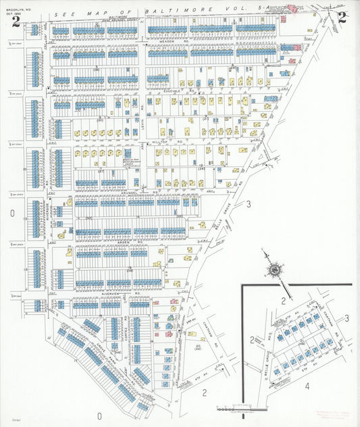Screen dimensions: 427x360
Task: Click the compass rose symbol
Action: (276, 270)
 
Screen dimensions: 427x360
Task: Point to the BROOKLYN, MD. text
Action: (14, 13)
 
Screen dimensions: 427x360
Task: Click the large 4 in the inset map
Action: (306, 386)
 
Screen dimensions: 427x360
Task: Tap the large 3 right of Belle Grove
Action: (249, 203)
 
